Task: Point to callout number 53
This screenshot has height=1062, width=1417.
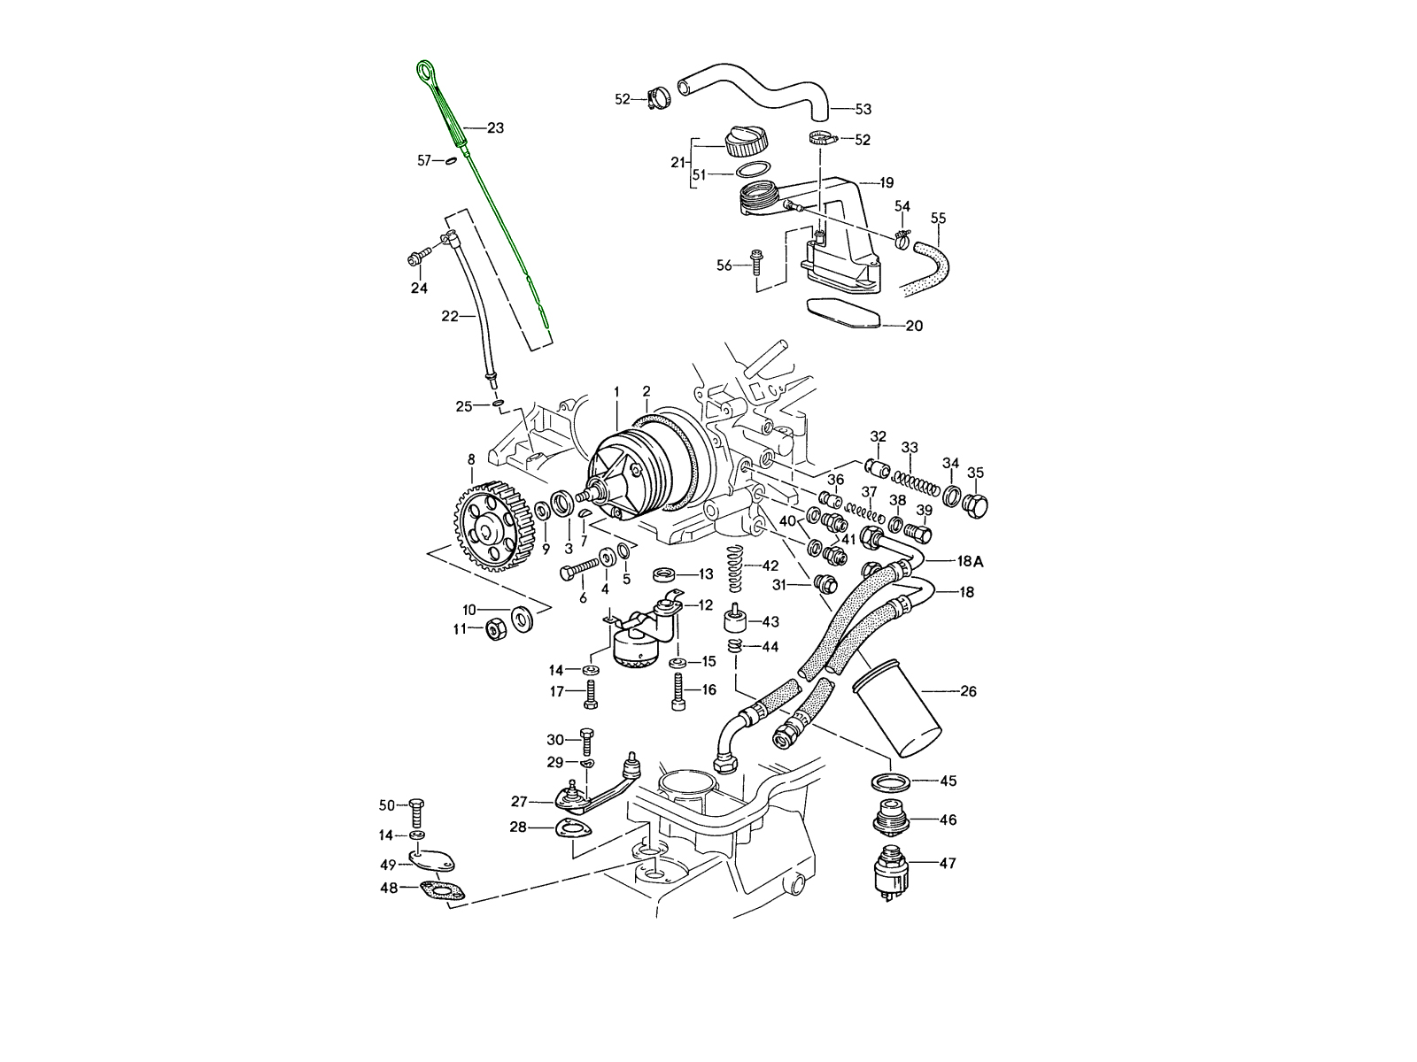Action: (x=863, y=109)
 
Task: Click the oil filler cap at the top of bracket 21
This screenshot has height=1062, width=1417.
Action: (x=741, y=142)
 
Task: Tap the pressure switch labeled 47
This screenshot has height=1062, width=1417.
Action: (x=892, y=872)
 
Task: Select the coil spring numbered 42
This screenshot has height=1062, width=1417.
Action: (x=736, y=570)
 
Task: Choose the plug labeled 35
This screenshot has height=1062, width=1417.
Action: (x=976, y=505)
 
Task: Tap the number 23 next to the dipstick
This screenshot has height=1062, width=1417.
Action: (x=495, y=128)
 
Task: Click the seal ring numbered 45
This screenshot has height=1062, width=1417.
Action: (x=888, y=781)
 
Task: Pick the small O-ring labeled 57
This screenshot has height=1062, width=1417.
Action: (x=451, y=160)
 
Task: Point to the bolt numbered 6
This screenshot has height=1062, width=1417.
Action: (x=577, y=572)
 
